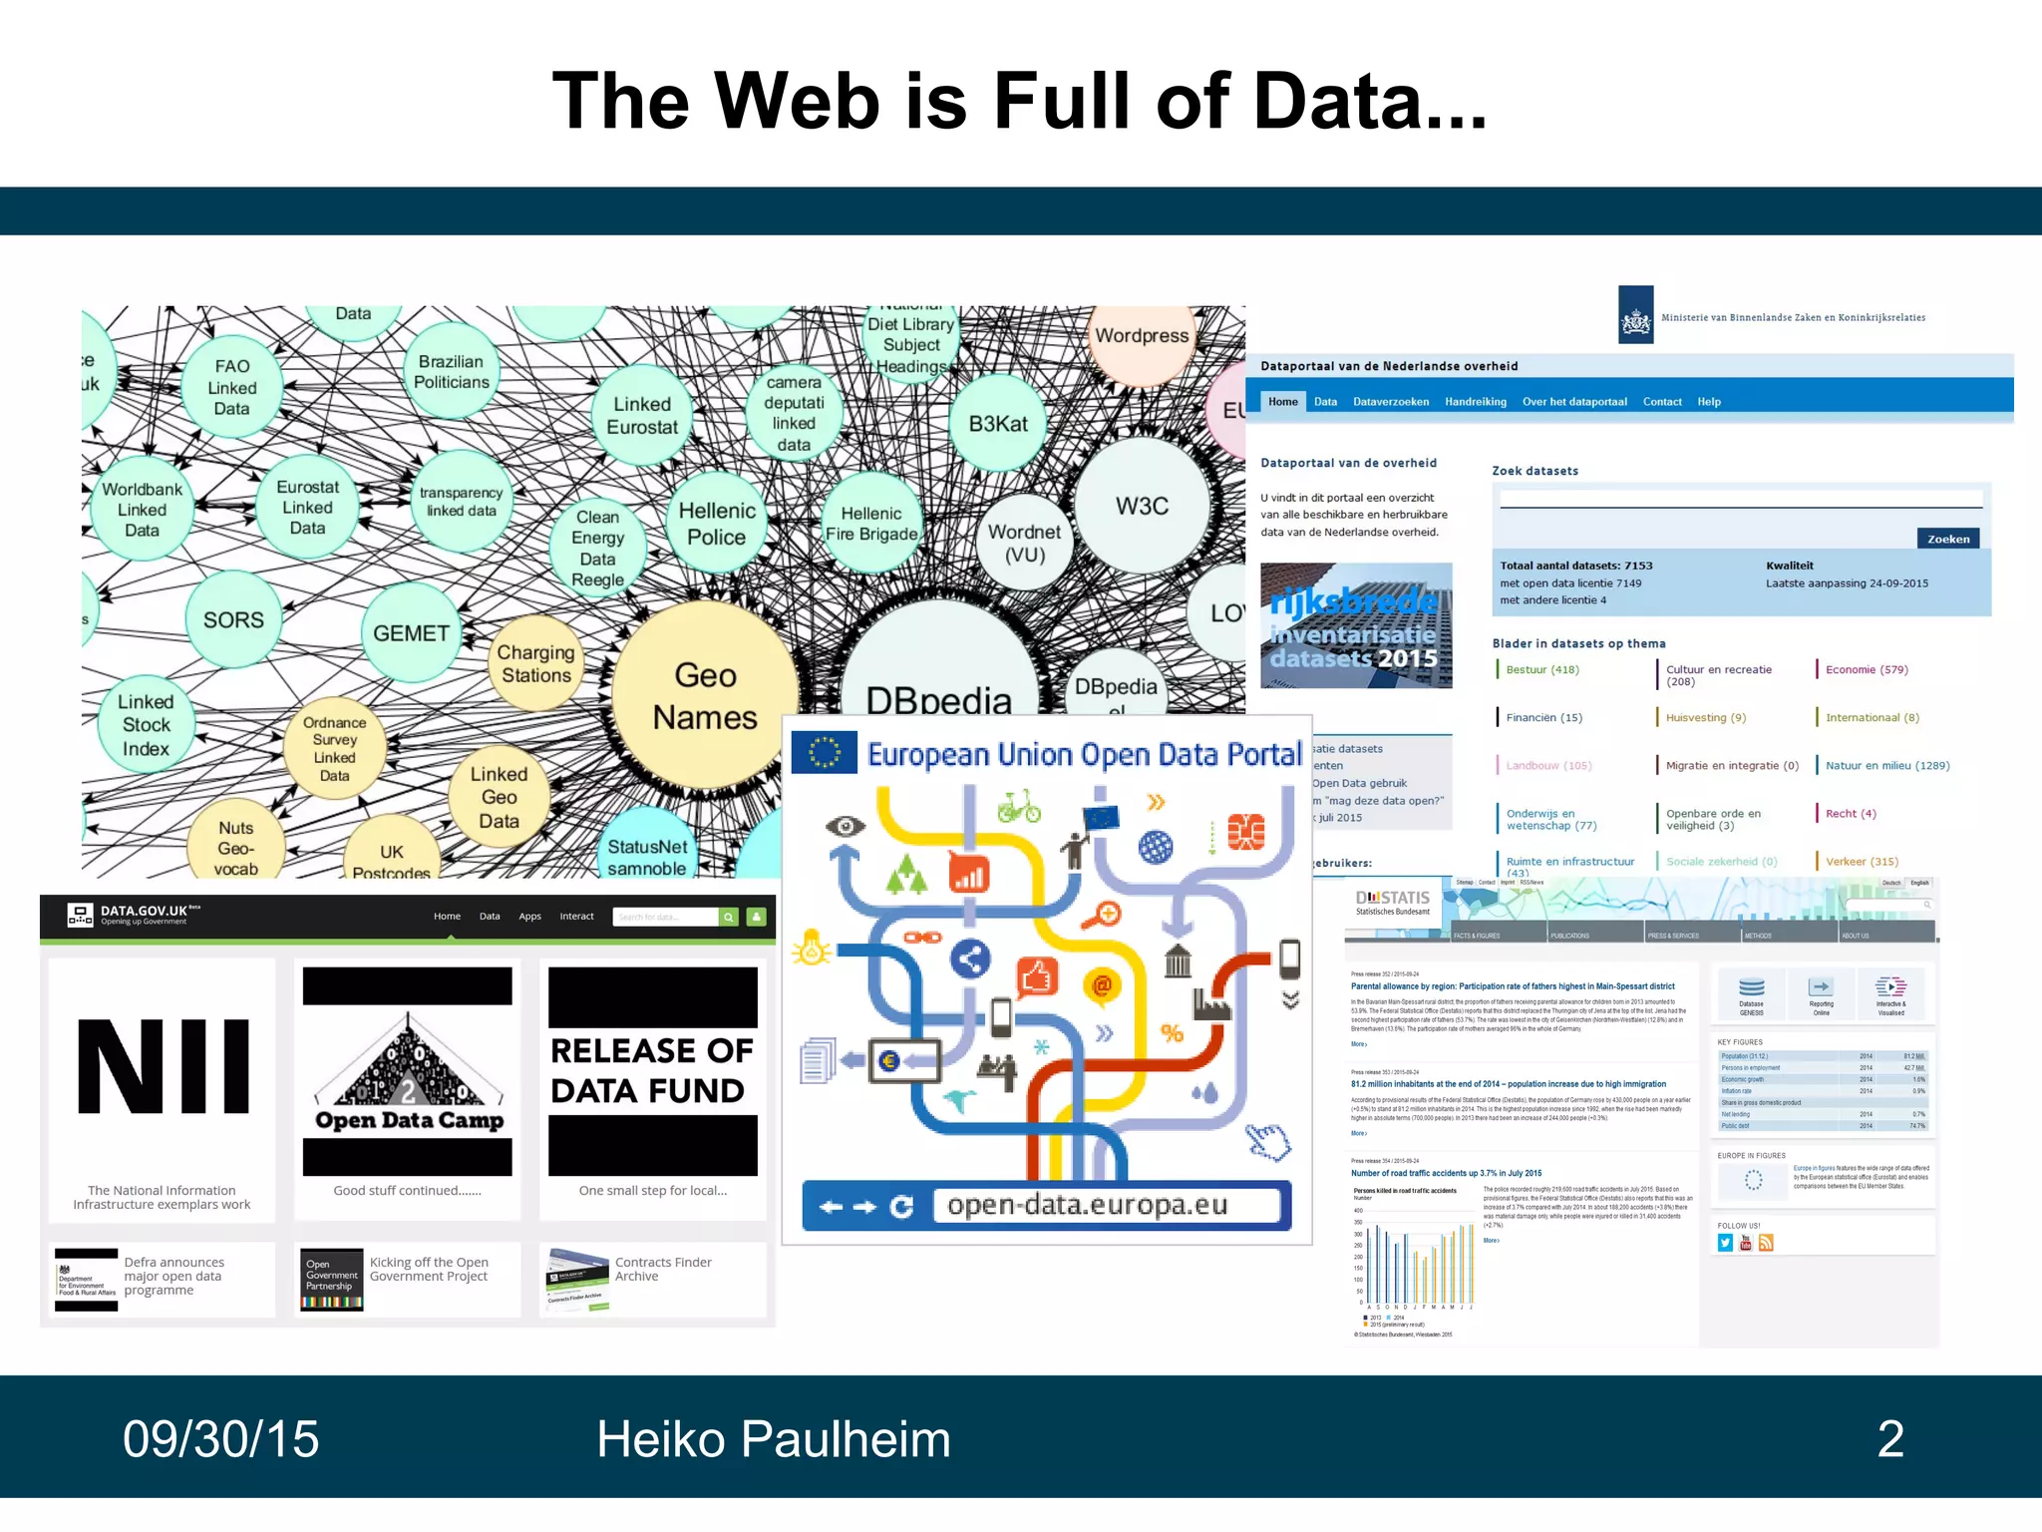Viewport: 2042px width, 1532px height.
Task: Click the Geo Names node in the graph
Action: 705,696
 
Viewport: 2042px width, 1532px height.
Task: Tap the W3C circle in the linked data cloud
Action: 1142,507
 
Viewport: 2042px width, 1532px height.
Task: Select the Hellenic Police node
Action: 717,524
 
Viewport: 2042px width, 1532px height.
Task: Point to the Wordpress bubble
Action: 1142,336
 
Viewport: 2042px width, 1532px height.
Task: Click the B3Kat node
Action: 998,424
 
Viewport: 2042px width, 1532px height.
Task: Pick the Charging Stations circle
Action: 536,664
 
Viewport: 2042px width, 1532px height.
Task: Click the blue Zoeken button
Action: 1947,539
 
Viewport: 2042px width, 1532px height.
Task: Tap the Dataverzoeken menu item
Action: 1391,402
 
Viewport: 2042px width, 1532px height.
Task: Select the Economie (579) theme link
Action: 1867,669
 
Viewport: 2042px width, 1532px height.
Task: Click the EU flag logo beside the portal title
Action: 824,753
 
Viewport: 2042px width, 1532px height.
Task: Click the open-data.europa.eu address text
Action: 1087,1205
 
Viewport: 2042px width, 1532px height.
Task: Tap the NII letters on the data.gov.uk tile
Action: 164,1066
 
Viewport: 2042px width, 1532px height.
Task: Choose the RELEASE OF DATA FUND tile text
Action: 652,1070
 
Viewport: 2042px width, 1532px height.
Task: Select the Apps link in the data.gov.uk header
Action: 529,917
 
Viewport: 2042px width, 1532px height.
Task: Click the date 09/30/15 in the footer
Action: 220,1439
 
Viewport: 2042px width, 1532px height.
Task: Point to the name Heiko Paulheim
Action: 773,1439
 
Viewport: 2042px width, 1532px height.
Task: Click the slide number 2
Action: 1890,1439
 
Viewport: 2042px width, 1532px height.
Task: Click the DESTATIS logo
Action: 1393,901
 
